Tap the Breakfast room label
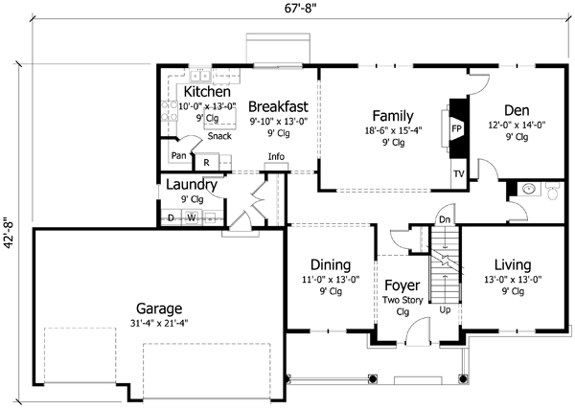[x=278, y=106]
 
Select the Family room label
[x=393, y=115]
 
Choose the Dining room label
[x=330, y=265]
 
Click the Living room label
[x=514, y=265]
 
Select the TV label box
[x=457, y=175]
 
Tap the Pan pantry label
[x=178, y=155]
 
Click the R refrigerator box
[x=206, y=163]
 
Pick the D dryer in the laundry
[x=172, y=217]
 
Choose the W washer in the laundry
[x=192, y=217]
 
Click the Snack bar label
[x=218, y=136]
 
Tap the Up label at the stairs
[x=444, y=310]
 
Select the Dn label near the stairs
[x=445, y=219]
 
